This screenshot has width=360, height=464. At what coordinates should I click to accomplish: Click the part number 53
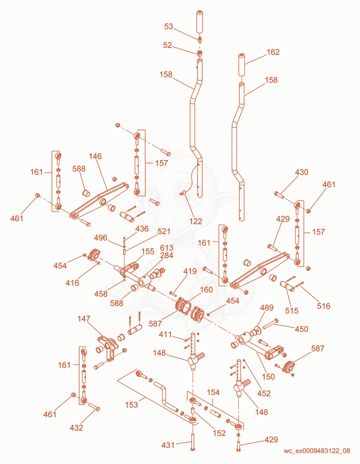168,27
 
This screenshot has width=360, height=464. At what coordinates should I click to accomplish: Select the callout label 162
273,52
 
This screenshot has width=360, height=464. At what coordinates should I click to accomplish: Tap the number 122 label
196,221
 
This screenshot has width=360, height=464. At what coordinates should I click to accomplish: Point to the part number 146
95,156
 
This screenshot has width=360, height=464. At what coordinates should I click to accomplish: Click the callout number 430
301,172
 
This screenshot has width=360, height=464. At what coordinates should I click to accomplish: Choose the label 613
166,248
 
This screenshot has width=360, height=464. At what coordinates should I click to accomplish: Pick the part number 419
190,271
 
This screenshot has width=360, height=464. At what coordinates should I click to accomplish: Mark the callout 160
206,290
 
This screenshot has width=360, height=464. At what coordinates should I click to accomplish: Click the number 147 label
84,319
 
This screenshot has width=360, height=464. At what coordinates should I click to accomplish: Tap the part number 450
301,329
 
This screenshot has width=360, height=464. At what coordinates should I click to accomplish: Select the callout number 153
131,405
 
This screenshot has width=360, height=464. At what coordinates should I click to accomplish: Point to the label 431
168,445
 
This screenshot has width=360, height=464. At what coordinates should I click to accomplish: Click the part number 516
324,306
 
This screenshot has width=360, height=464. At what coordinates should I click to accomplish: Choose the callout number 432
76,428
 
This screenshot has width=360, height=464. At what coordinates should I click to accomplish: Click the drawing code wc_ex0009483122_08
317,451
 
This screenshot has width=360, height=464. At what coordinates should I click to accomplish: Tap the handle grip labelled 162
242,64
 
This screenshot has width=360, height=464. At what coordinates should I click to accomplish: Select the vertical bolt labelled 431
193,442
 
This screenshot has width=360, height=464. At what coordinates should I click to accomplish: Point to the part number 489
266,308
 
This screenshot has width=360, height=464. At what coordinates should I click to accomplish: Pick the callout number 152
220,433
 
